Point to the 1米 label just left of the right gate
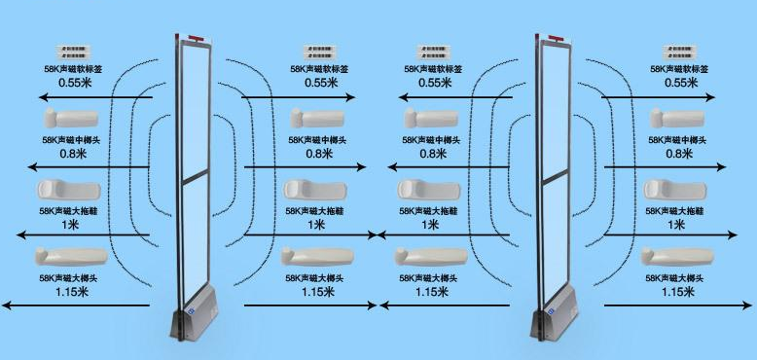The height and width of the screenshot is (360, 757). coord(431,224)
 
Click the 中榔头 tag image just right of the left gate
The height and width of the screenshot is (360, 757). coord(315,119)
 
